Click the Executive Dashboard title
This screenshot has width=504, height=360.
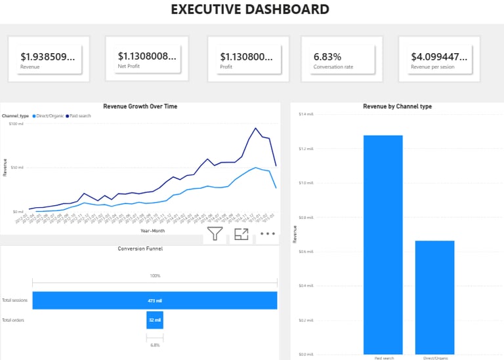pos(250,9)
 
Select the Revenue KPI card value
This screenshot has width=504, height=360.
pos(47,57)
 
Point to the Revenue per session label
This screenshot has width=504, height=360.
pos(433,67)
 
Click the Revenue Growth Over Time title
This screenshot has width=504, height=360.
pos(140,106)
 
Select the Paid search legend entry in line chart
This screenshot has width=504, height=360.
pos(79,116)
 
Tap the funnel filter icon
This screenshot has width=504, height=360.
pos(215,233)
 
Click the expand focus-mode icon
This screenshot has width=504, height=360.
pos(241,233)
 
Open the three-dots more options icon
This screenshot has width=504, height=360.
pos(267,233)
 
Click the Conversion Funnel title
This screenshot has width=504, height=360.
pos(140,249)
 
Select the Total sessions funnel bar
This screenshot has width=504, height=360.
pos(154,300)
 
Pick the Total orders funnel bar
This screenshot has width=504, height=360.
pos(154,320)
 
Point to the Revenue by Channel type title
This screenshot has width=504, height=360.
pos(397,106)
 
